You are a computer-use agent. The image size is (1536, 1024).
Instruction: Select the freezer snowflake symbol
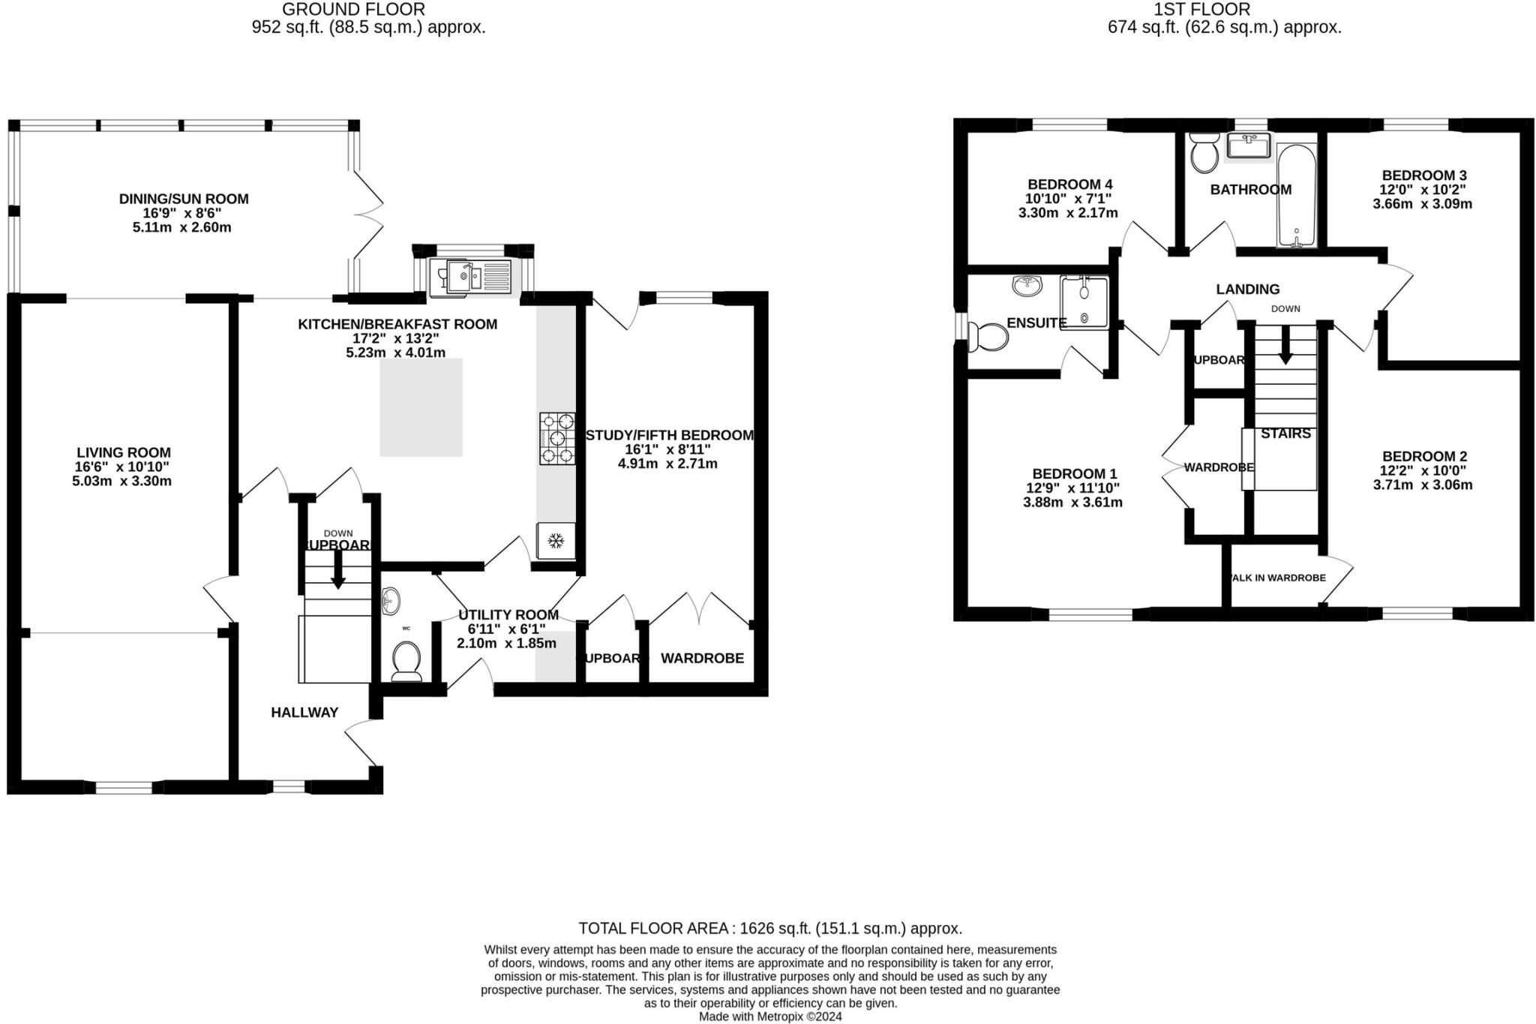pyautogui.click(x=556, y=540)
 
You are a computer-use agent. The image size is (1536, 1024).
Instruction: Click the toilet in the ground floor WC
pyautogui.click(x=407, y=659)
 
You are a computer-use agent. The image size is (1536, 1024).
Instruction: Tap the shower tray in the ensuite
pyautogui.click(x=1084, y=302)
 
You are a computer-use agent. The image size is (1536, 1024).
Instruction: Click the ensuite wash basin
pyautogui.click(x=1027, y=285)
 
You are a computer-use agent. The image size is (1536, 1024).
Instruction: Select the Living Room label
pyautogui.click(x=124, y=452)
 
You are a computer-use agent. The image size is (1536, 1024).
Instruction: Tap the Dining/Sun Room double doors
pyautogui.click(x=367, y=204)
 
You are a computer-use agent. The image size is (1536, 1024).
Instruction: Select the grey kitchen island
pyautogui.click(x=421, y=407)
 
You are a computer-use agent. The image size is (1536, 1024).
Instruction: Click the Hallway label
pyautogui.click(x=304, y=713)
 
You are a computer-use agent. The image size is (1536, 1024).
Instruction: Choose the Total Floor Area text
pyautogui.click(x=769, y=928)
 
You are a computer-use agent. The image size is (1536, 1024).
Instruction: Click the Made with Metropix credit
pyautogui.click(x=769, y=1016)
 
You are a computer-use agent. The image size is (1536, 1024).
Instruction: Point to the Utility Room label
pyautogui.click(x=508, y=615)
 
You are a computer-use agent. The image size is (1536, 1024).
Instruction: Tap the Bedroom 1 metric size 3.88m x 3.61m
pyautogui.click(x=1072, y=503)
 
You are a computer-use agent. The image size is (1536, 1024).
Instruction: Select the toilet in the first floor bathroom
pyautogui.click(x=1205, y=152)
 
